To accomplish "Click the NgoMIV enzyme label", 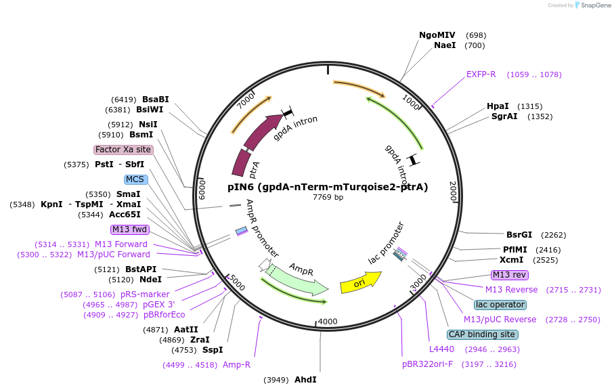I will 437,35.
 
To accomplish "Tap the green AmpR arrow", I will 298,278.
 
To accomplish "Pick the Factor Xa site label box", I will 123,150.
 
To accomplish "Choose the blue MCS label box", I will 135,179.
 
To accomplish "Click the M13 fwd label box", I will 130,230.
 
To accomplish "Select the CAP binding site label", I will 482,334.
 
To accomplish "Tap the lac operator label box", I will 500,305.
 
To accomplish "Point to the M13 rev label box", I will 510,275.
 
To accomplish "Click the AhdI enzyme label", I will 305,380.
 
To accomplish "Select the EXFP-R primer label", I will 481,74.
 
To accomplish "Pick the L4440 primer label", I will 441,349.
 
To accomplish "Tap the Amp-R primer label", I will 236,365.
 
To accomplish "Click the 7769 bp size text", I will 328,198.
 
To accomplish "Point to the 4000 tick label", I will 328,321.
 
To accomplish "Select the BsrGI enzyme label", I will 519,235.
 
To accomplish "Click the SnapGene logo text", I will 594,5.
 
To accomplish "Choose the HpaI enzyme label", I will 498,106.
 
